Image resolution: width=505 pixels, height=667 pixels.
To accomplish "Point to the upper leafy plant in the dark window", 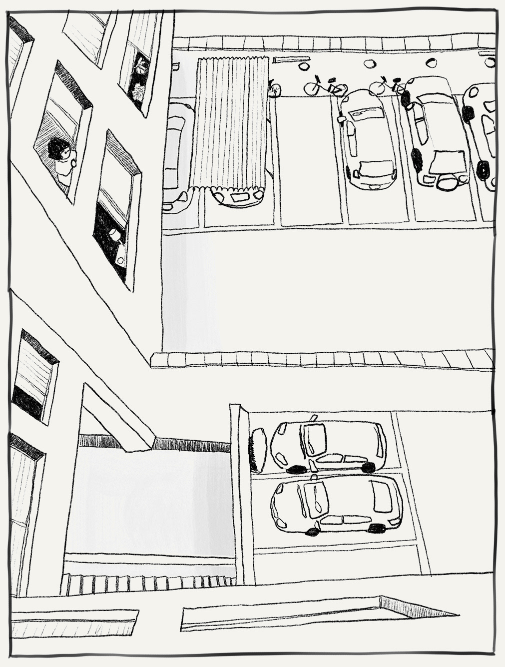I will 141,66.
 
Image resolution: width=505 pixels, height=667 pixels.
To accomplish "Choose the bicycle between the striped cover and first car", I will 325,87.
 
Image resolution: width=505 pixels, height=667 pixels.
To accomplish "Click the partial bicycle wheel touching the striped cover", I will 274,89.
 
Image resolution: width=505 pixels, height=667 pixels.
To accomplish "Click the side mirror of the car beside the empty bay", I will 341,119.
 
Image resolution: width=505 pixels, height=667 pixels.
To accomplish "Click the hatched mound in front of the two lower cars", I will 258,450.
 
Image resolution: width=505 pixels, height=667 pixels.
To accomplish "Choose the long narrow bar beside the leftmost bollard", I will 285,59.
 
